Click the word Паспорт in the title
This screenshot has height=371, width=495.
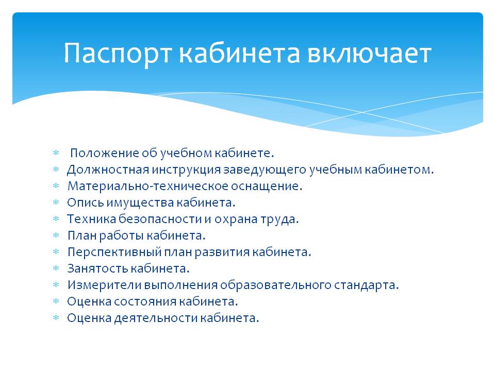[118, 54]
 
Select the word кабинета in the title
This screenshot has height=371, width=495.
[239, 53]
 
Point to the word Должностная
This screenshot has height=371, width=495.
[108, 170]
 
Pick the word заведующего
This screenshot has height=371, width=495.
[265, 170]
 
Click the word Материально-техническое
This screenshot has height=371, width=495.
[148, 186]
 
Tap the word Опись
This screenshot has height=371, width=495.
[85, 202]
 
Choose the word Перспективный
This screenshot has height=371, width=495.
[114, 252]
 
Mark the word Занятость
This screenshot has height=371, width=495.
[98, 268]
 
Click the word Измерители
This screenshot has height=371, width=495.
[105, 285]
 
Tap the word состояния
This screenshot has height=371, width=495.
[145, 301]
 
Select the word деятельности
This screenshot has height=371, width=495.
[156, 318]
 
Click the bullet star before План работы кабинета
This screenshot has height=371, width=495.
[56, 235]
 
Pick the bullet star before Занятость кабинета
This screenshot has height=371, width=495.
[56, 268]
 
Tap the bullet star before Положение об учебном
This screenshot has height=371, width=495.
[56, 153]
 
